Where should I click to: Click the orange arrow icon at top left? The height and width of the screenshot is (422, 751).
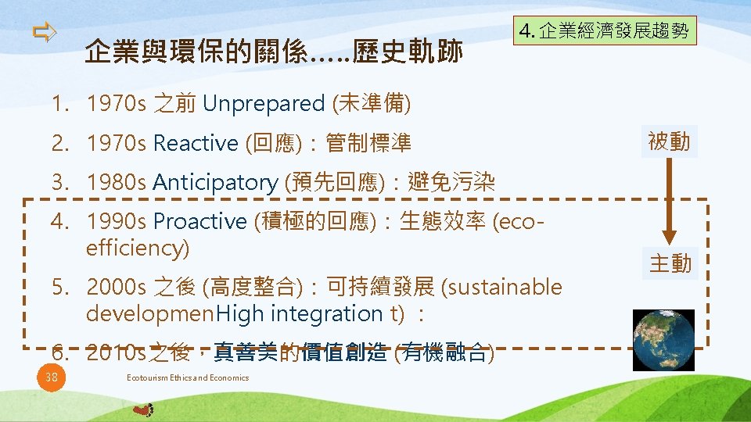(x=45, y=32)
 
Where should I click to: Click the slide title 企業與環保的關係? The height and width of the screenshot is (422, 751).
(x=274, y=52)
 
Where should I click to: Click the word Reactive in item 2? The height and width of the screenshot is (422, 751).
(x=196, y=143)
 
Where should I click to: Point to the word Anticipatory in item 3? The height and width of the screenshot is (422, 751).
(x=215, y=183)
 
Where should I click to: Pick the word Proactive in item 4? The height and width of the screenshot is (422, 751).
(x=199, y=222)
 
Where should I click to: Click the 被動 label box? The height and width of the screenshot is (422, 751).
(x=669, y=142)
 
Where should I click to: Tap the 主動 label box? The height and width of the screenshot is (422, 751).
(x=670, y=264)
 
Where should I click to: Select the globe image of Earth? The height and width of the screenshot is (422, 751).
(x=663, y=339)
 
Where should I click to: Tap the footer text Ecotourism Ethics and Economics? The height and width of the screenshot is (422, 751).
(x=187, y=378)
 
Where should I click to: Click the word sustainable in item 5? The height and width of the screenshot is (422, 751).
(x=501, y=288)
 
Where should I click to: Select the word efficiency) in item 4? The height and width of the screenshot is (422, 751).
(x=138, y=249)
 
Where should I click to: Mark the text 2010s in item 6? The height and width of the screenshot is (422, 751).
(x=117, y=353)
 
